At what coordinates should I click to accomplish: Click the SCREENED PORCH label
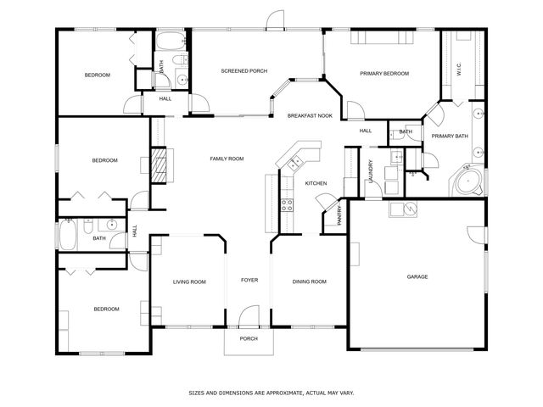click(x=244, y=71)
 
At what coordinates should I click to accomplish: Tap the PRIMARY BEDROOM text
click(x=384, y=75)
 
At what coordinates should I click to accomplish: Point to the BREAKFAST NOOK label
click(x=309, y=114)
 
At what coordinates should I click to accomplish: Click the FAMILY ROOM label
click(x=227, y=159)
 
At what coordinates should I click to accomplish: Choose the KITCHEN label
click(x=316, y=183)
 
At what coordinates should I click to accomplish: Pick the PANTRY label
click(x=340, y=215)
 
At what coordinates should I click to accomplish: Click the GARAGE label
click(x=417, y=276)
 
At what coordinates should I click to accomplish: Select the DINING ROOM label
click(x=309, y=282)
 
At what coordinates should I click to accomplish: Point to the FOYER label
click(x=249, y=280)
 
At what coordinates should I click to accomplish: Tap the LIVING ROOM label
click(x=189, y=282)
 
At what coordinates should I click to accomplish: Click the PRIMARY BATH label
click(x=449, y=136)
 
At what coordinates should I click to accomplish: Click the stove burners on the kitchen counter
click(x=287, y=204)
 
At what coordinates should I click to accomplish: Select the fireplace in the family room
click(x=159, y=164)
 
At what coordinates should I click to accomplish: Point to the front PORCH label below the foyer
click(x=248, y=338)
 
